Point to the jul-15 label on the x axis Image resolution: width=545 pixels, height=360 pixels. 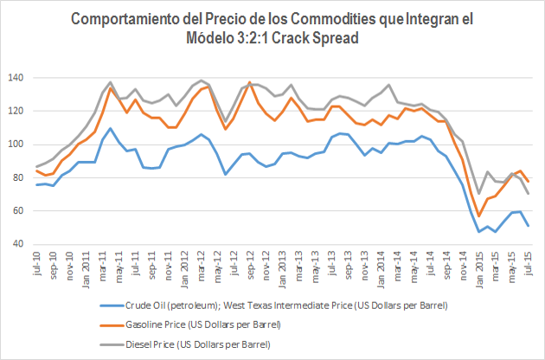[x=529, y=264]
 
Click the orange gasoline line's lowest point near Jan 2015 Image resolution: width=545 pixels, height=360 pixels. [x=479, y=216]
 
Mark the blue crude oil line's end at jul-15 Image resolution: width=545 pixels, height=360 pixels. [x=528, y=226]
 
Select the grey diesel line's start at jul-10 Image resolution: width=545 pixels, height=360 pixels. [x=37, y=166]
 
